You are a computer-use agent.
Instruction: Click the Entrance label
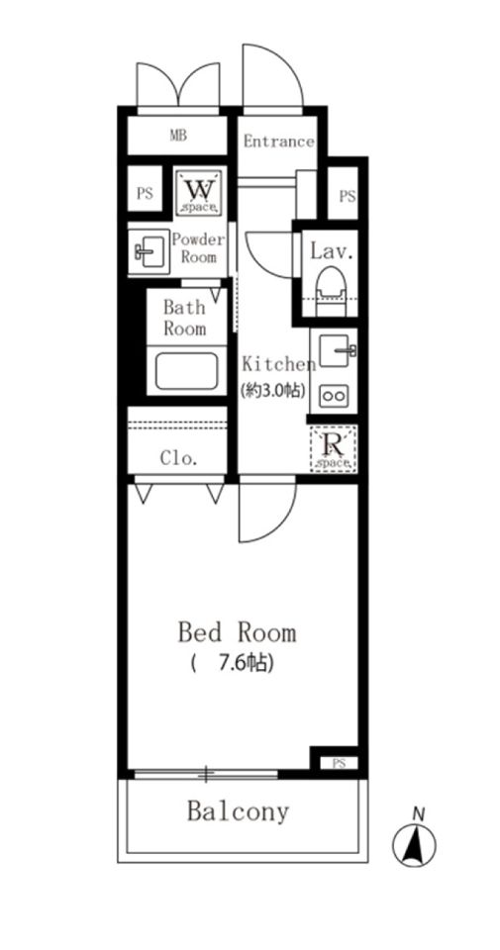click(278, 142)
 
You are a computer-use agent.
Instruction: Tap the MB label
click(177, 136)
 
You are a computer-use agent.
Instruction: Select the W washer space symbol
click(199, 193)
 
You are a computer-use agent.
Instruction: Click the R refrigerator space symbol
click(333, 449)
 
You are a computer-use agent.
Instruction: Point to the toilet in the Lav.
click(331, 290)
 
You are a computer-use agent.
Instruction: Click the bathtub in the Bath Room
click(186, 371)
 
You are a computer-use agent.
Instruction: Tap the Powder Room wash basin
click(148, 250)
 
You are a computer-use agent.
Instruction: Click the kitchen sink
click(335, 350)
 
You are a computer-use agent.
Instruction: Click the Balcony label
click(238, 811)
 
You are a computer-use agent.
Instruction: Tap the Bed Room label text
click(237, 633)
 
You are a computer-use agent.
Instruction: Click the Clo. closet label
click(179, 458)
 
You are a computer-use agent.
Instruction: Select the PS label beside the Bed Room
click(339, 763)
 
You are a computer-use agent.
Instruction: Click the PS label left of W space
click(145, 194)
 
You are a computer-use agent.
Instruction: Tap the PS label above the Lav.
click(347, 196)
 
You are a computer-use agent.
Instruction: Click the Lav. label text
click(331, 250)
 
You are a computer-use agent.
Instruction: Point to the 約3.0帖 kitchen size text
click(272, 391)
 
